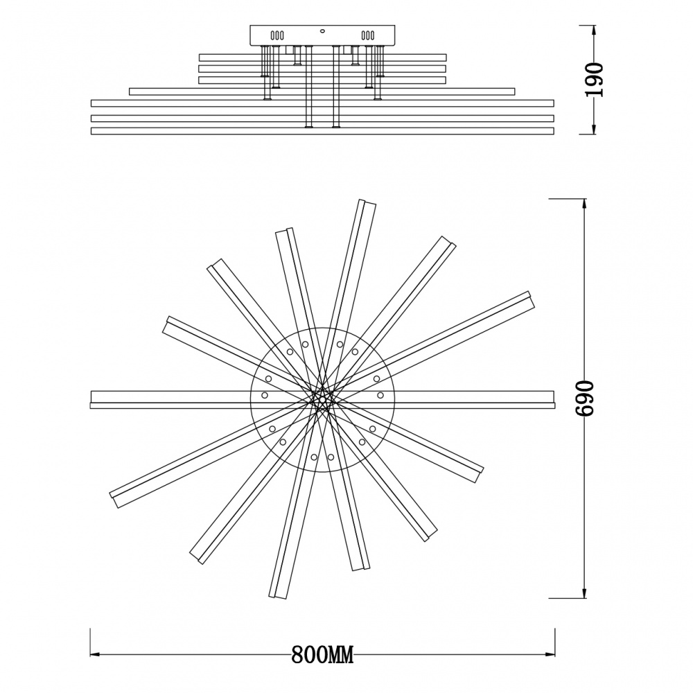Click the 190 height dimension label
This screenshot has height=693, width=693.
595,79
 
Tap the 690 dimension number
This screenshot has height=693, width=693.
586,398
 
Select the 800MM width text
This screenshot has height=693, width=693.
322,654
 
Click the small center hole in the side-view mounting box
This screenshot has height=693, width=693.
322,31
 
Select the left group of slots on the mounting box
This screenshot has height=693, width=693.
277,35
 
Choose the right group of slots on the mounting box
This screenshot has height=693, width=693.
368,35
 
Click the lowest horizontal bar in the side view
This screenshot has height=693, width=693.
322,130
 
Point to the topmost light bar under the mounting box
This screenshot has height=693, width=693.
322,58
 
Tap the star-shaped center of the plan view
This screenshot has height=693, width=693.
322,399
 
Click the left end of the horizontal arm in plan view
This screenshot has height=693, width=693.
93,399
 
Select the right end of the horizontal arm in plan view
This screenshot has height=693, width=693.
552,399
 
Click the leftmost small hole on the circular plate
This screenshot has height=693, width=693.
265,394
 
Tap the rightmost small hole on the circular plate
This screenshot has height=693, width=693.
380,394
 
